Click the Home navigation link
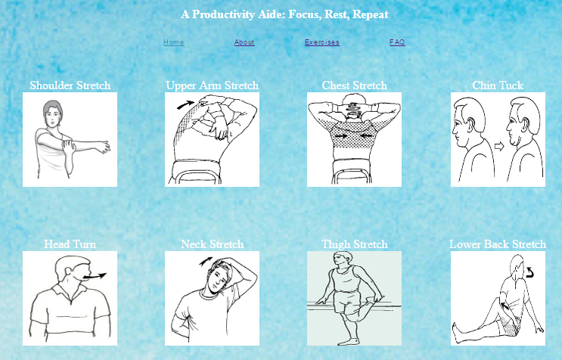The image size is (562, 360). (174, 42)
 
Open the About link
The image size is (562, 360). (244, 42)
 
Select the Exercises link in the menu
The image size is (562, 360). (322, 42)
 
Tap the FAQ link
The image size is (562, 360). (397, 42)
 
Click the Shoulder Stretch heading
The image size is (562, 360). (70, 85)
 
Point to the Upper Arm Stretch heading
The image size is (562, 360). (213, 85)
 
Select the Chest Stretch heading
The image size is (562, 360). (355, 85)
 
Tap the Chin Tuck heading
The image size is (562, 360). (498, 85)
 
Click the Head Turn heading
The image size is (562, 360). (70, 244)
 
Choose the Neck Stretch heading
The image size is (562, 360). (213, 244)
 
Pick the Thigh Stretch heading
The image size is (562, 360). (355, 244)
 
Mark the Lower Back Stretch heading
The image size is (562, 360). (498, 244)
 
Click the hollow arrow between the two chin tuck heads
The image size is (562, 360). (499, 146)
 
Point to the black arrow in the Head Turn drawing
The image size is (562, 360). (95, 276)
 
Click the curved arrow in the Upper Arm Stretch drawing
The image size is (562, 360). (185, 104)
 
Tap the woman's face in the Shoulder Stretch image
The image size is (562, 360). (53, 117)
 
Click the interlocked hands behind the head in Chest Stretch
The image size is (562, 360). (354, 107)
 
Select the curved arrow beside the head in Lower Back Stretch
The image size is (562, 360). (529, 272)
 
